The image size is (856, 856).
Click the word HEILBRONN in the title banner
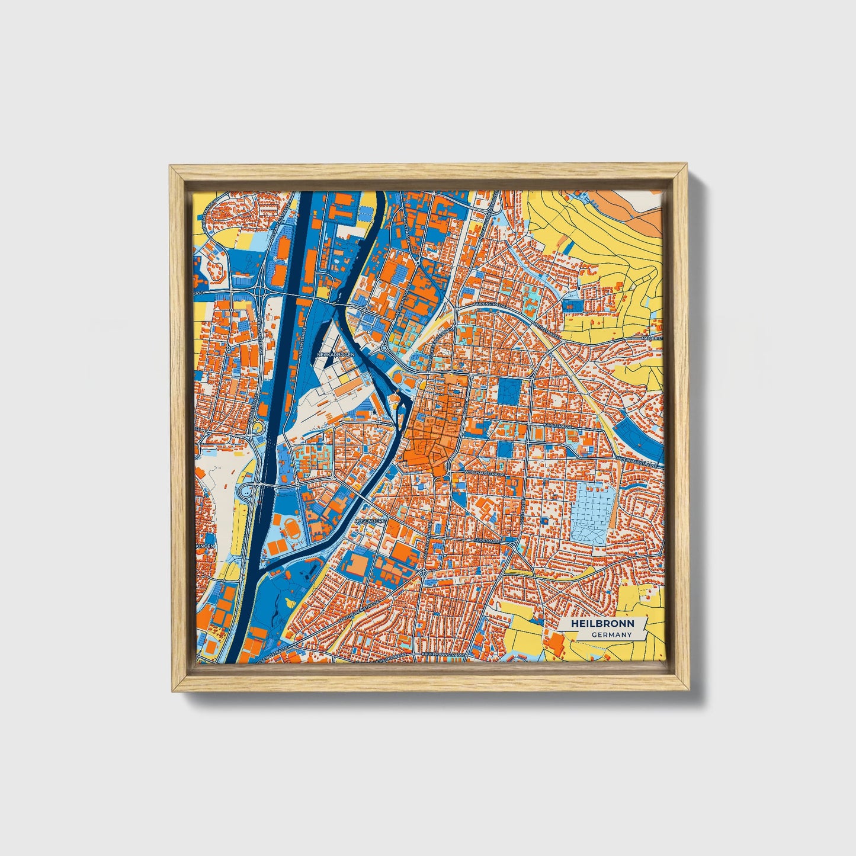click(602, 624)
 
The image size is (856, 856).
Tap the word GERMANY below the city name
click(611, 634)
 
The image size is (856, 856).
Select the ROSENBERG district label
click(370, 520)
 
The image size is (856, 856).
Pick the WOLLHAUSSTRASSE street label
click(485, 473)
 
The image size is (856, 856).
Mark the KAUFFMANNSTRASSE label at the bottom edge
click(442, 655)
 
